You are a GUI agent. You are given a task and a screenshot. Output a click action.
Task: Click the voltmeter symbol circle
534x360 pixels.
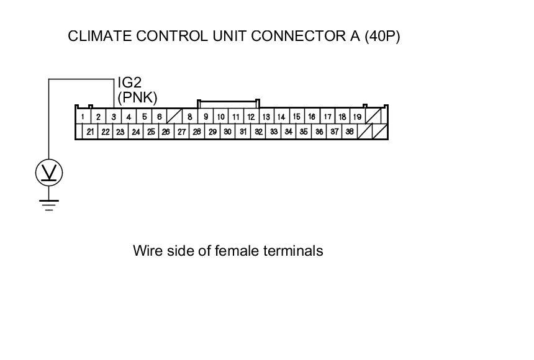49,172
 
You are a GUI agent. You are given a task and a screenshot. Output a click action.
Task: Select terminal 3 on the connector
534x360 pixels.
114,117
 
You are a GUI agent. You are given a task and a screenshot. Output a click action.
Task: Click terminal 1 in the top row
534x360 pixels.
83,117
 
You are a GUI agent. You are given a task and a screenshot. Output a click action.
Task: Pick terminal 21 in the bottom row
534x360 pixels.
90,132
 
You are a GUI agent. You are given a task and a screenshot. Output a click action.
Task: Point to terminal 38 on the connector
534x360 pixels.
350,132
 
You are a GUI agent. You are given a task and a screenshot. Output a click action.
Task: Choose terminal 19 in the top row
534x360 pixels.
357,117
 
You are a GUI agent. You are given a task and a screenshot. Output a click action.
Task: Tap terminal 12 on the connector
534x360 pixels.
251,117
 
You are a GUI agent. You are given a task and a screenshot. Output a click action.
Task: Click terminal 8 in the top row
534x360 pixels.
190,117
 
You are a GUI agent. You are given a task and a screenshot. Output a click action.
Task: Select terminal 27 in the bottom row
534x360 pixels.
181,132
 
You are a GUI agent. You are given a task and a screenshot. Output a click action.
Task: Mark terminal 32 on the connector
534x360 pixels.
258,132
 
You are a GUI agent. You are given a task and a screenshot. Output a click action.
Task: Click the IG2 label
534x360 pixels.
130,83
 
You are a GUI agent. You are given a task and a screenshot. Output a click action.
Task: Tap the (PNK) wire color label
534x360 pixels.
137,97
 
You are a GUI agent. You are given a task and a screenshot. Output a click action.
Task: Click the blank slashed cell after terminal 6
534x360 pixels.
174,117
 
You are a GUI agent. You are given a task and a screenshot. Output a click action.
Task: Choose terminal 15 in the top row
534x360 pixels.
296,117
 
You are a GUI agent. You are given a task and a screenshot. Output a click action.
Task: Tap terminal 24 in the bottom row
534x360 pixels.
136,132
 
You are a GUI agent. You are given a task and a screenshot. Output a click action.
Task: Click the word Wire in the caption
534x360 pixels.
146,251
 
